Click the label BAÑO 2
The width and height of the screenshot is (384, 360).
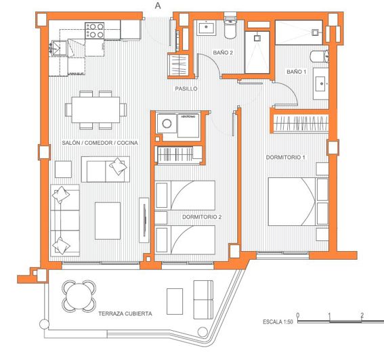[x=223, y=53]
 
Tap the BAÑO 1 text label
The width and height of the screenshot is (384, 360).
[x=296, y=71]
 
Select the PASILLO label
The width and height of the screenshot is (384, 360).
[x=186, y=89]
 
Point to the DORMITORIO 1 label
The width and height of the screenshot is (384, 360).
[x=286, y=158]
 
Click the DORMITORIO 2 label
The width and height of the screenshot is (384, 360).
[x=202, y=217]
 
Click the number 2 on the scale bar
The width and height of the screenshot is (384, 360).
[x=362, y=315]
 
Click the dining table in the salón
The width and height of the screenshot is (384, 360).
[x=96, y=108]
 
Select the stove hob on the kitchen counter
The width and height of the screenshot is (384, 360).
[x=94, y=29]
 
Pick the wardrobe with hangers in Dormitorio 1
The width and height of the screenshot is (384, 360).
[x=300, y=124]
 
